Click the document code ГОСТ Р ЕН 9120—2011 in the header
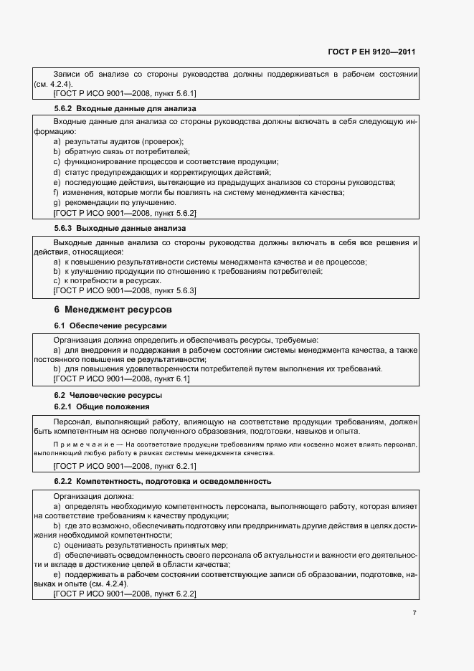[372, 52]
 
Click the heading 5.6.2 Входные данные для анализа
[125, 108]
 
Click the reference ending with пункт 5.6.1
[125, 93]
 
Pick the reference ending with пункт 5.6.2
[125, 213]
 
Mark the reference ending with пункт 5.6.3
[125, 290]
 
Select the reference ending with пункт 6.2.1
[125, 465]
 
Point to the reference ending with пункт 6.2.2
[125, 594]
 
